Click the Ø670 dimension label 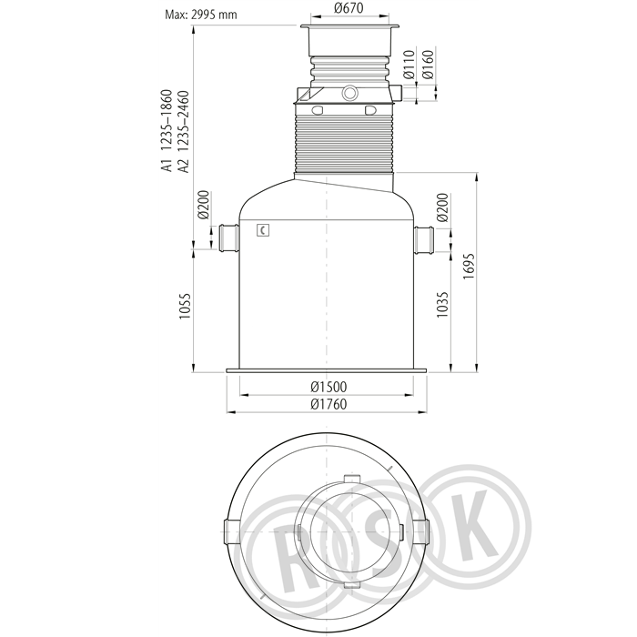[349, 7]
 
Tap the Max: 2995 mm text [201, 15]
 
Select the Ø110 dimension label [409, 65]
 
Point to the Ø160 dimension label [428, 65]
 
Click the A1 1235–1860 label [167, 131]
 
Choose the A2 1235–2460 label [183, 132]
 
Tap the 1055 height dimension [185, 306]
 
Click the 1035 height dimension [441, 304]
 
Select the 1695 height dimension [469, 266]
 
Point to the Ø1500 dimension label [329, 387]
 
